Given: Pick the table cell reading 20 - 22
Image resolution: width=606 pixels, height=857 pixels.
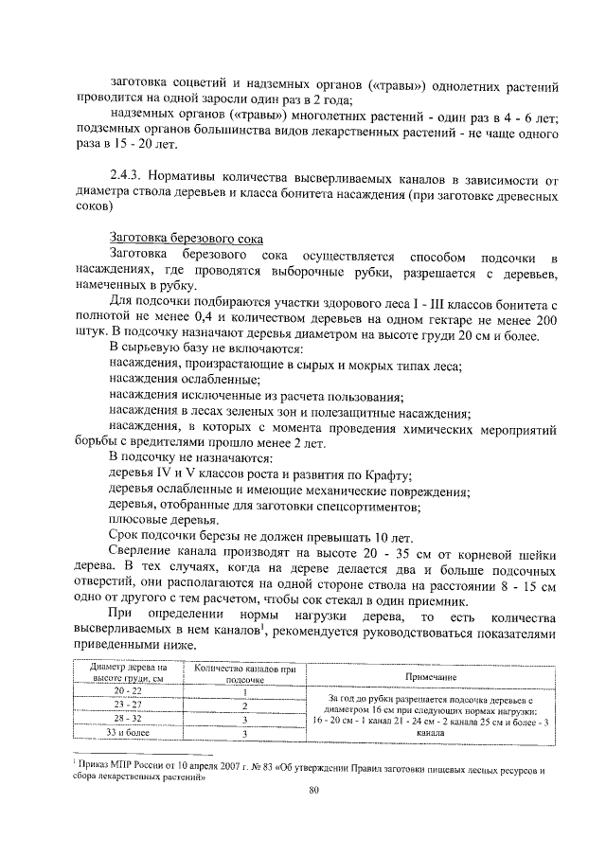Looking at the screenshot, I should pos(126,692).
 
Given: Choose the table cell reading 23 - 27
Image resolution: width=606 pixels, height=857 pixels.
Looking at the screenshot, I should pos(126,705).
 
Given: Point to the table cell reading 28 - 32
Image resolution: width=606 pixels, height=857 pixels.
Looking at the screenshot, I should pos(126,719).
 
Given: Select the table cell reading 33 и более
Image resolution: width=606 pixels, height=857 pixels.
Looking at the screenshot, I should pos(126,732).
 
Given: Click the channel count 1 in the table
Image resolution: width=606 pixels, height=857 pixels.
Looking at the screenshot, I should pos(244,692).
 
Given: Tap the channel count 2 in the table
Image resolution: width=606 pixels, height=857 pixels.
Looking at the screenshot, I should pos(244,705).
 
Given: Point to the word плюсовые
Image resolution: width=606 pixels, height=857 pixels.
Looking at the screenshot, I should pos(137,520).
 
